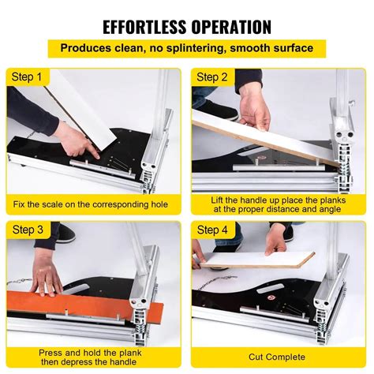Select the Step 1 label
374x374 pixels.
(x=28, y=77)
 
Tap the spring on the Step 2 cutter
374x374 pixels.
(x=345, y=166)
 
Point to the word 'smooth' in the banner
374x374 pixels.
(x=251, y=48)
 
